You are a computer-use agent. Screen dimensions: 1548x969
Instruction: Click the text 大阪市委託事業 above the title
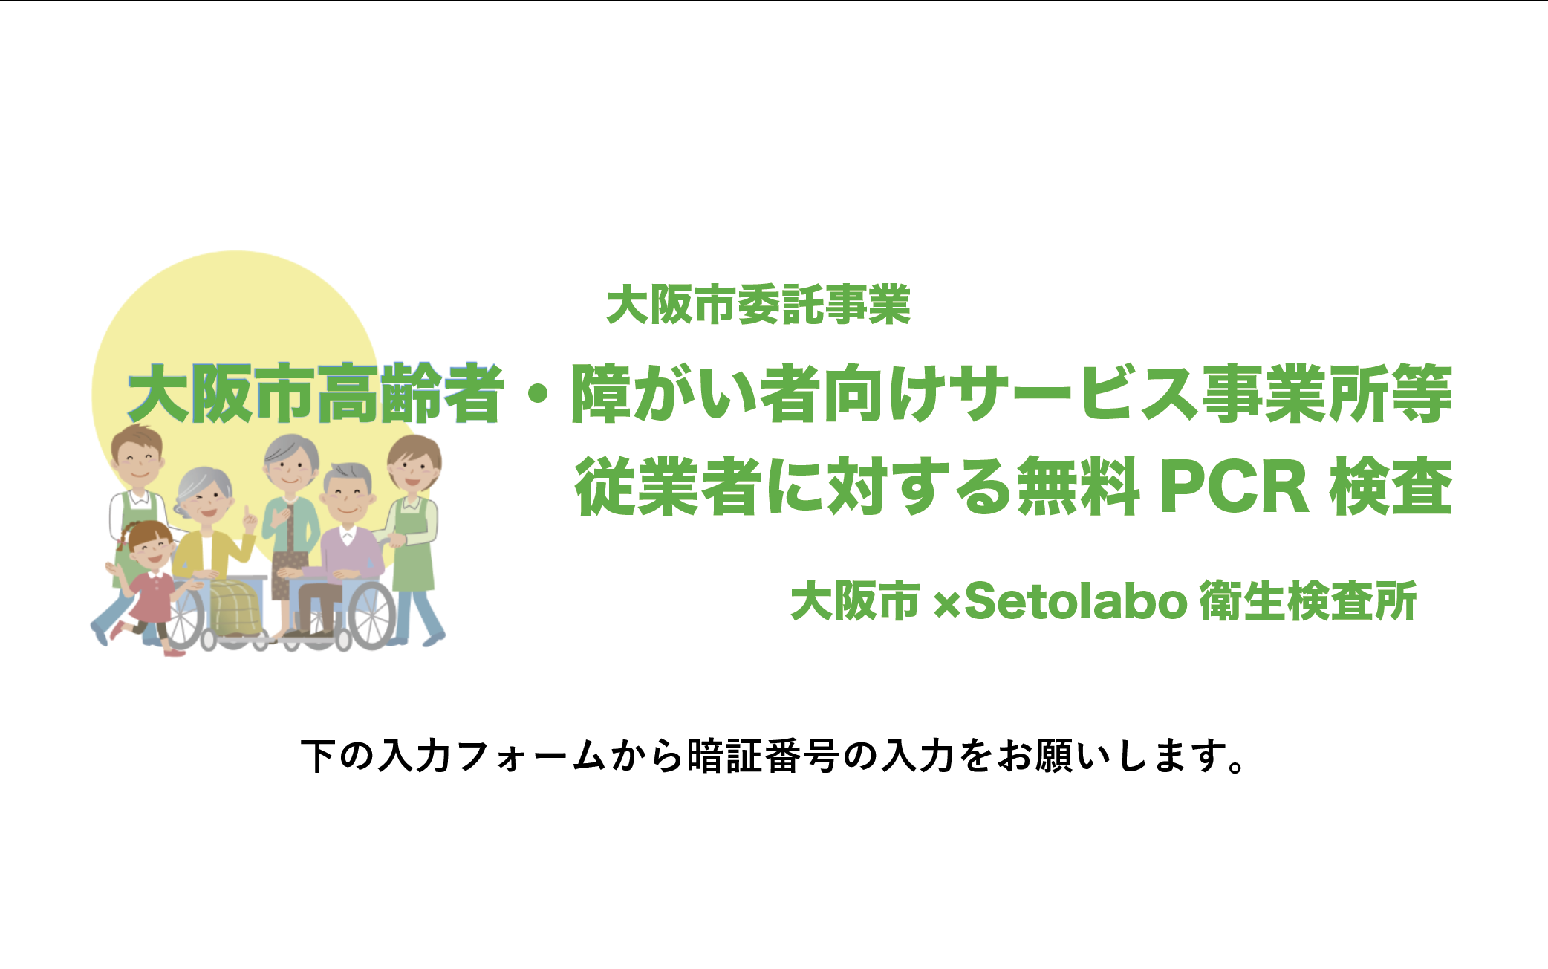[758, 305]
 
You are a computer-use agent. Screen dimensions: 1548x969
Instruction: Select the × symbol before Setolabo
[946, 603]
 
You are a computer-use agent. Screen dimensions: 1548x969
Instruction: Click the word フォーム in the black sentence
[530, 756]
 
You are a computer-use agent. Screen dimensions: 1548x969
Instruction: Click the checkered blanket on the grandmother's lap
[236, 607]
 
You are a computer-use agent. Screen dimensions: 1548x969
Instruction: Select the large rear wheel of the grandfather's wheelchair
[372, 615]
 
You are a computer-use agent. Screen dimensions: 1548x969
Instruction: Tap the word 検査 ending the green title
[1391, 487]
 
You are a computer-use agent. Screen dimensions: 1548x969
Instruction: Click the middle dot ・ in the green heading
[537, 395]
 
